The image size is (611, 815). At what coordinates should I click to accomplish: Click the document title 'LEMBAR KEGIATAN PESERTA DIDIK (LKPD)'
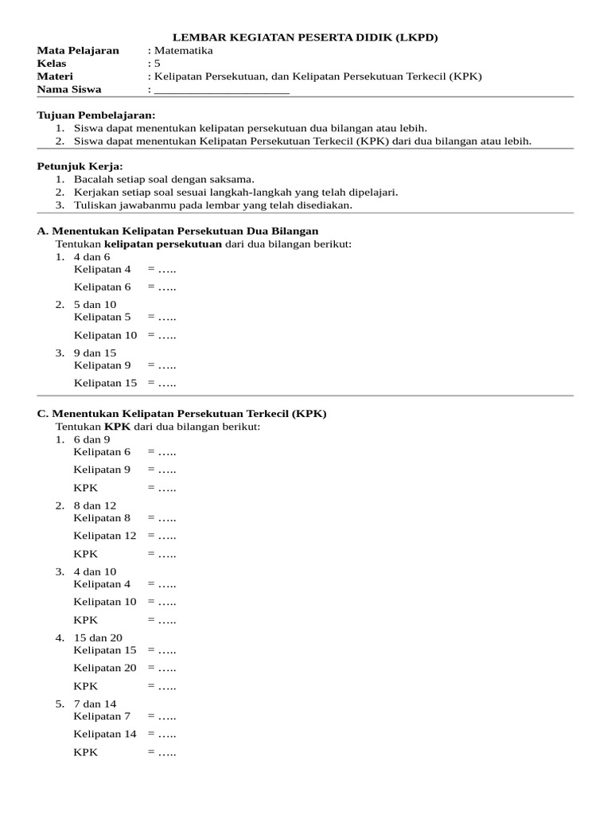click(x=305, y=37)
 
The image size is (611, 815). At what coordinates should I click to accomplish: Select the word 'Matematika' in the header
click(x=184, y=50)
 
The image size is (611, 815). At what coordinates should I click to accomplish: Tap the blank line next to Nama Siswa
click(x=221, y=90)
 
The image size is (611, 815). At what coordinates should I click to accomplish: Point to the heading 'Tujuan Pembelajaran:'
click(x=96, y=115)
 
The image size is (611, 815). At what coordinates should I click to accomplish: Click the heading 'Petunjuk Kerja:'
click(x=80, y=166)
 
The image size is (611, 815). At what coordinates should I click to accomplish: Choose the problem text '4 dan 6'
click(x=92, y=257)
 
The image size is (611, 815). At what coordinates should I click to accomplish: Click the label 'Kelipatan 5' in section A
click(x=103, y=317)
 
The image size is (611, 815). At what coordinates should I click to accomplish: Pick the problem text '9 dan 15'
click(x=95, y=353)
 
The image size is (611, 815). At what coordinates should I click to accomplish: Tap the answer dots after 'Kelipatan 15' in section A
click(x=165, y=383)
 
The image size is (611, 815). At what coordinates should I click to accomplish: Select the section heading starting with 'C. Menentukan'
click(x=182, y=414)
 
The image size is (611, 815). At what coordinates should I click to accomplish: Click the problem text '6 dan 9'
click(x=92, y=439)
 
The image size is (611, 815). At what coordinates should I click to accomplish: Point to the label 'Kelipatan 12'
click(x=105, y=536)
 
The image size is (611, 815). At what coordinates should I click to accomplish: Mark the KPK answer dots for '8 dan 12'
click(x=165, y=554)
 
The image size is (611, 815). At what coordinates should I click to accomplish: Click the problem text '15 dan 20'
click(x=98, y=638)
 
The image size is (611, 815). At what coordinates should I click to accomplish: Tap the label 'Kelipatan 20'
click(x=105, y=668)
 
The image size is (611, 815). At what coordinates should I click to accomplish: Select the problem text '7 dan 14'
click(x=95, y=704)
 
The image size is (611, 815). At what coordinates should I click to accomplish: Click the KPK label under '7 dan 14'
click(x=86, y=752)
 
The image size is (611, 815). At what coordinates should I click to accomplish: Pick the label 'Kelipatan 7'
click(x=103, y=716)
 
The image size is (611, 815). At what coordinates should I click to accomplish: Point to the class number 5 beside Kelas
click(x=158, y=64)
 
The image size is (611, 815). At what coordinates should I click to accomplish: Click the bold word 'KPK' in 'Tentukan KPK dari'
click(x=118, y=427)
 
